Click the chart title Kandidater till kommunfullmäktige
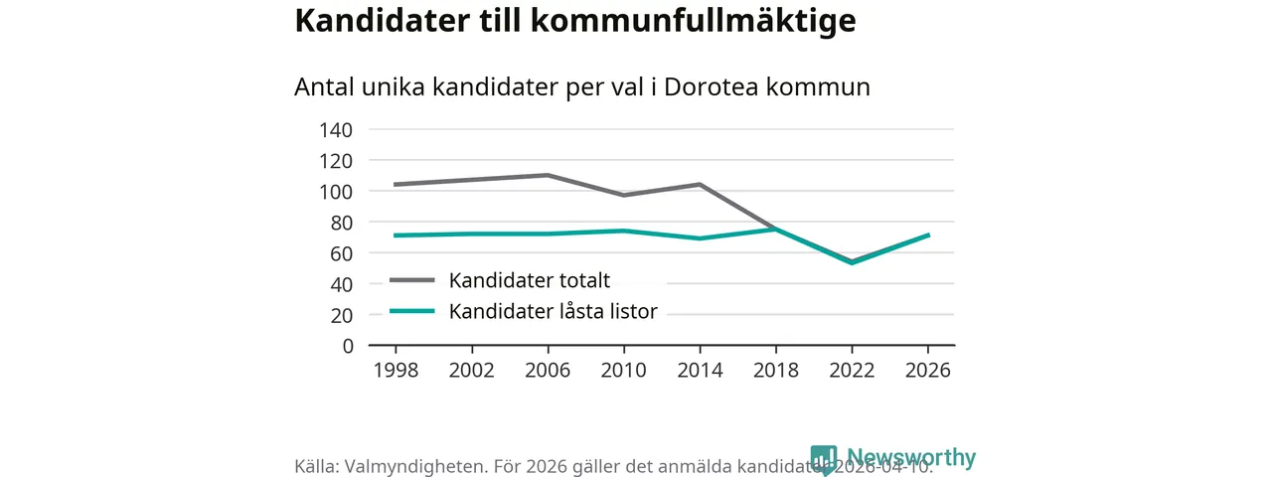click(574, 22)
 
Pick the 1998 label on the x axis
click(396, 371)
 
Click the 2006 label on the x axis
click(548, 371)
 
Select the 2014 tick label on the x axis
click(700, 371)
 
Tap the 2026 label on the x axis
click(928, 371)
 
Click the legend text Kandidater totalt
click(529, 280)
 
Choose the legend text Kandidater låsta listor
click(553, 312)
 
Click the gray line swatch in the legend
click(412, 280)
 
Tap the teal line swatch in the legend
click(412, 312)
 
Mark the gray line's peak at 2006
click(548, 175)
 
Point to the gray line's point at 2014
click(700, 185)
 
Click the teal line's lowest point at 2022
click(852, 262)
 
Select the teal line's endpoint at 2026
click(928, 235)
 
